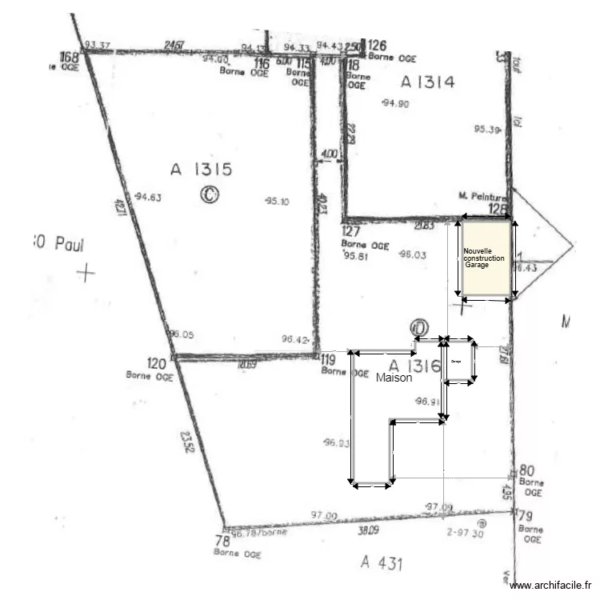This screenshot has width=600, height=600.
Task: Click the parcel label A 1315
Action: click(x=201, y=169)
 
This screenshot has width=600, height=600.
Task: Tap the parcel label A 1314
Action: click(x=428, y=81)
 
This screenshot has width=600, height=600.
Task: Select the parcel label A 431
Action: click(x=381, y=563)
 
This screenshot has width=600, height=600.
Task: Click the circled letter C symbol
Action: click(x=210, y=194)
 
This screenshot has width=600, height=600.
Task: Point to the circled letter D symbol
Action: click(x=418, y=327)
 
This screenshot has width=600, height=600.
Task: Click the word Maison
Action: click(x=394, y=378)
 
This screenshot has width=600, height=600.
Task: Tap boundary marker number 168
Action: click(x=70, y=57)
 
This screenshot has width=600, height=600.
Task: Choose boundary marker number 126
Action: click(x=378, y=45)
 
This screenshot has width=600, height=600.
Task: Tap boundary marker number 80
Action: click(x=526, y=470)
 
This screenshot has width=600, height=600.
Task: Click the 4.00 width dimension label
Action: click(x=329, y=154)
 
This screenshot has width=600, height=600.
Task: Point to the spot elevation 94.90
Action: click(x=396, y=103)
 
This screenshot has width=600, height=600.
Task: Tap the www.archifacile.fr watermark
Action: click(x=552, y=586)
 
